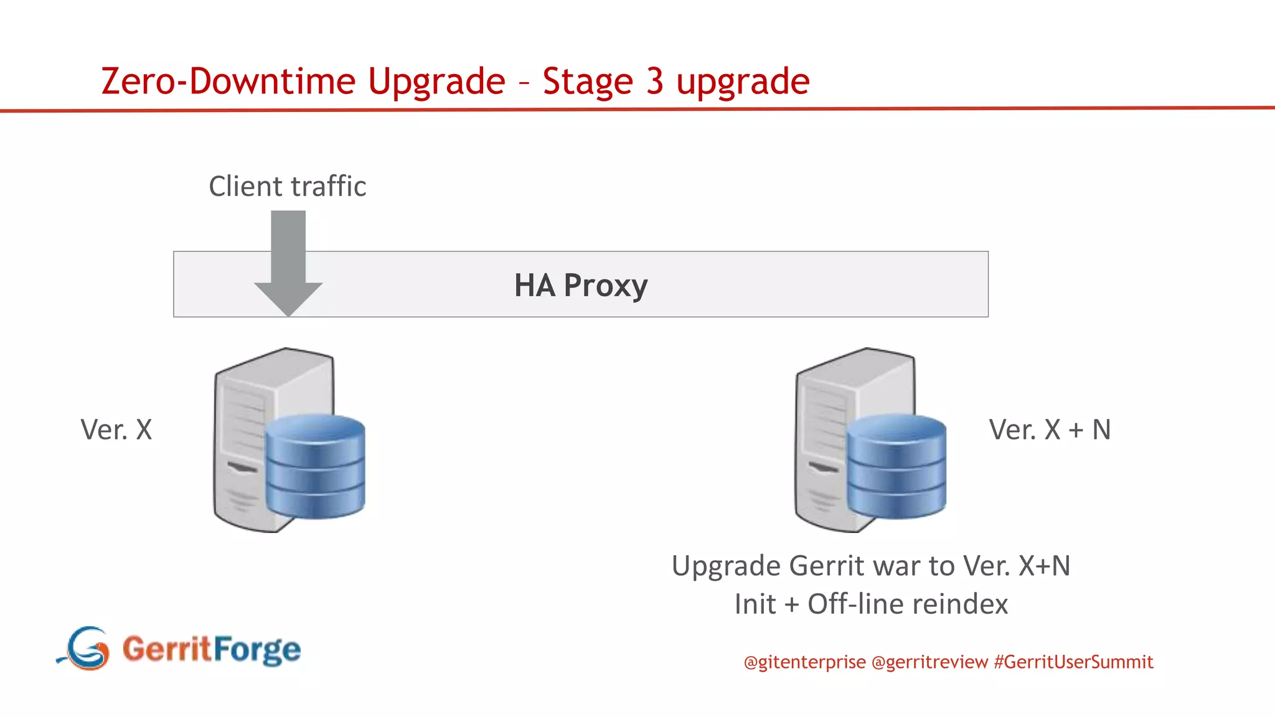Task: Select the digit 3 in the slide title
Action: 654,82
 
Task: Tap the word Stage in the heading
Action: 587,82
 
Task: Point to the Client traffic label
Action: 287,187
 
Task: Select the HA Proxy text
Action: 580,286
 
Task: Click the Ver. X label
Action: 116,430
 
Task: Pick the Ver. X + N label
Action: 1050,430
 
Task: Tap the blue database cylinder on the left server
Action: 315,467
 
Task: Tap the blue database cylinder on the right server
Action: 896,467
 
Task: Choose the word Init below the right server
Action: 755,604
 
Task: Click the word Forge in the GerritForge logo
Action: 257,650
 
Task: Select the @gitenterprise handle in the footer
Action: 804,662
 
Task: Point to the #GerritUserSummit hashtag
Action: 1073,662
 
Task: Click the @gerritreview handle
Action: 929,662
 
